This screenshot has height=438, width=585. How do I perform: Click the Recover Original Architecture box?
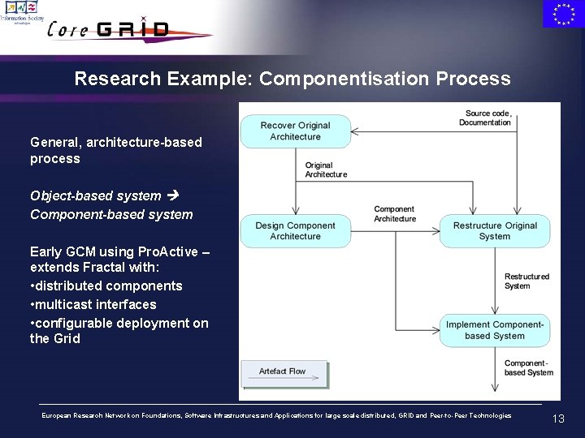(295, 131)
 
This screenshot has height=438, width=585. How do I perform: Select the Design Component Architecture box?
(295, 231)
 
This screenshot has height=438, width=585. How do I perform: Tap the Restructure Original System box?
(495, 231)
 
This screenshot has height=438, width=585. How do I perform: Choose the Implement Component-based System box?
(495, 330)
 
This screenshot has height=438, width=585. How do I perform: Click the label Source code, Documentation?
(487, 118)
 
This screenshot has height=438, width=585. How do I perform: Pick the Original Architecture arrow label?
(326, 170)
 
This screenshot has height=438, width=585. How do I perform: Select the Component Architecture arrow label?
(395, 214)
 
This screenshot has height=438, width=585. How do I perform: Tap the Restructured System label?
(526, 281)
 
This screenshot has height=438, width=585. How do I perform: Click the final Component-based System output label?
(528, 368)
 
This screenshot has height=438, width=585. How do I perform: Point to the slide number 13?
(558, 419)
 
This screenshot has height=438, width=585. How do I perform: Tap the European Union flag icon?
(562, 14)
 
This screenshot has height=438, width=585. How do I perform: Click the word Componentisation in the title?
(345, 79)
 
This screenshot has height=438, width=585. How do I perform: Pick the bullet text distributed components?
(110, 286)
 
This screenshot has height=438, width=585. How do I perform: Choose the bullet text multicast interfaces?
(97, 304)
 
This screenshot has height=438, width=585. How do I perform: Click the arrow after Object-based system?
(171, 195)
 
